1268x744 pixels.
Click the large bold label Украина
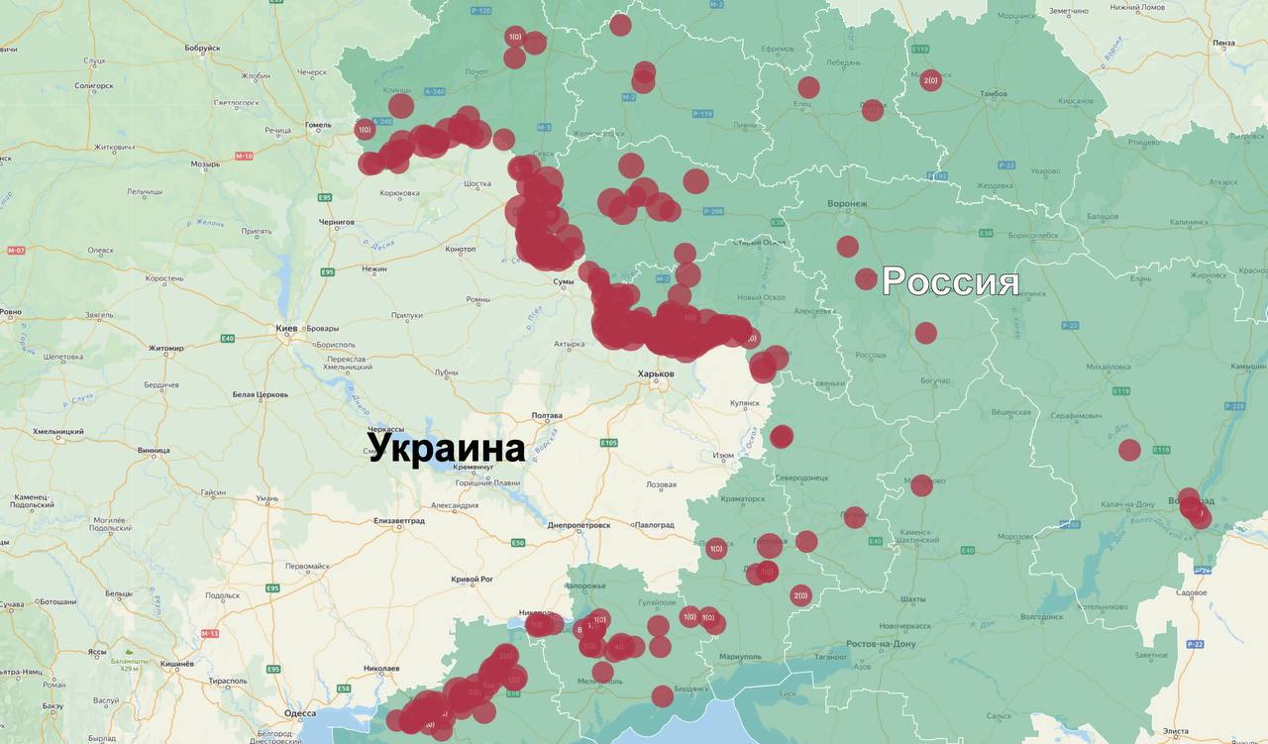coord(447,448)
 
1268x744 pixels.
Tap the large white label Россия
coord(950,281)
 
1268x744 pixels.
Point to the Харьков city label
coord(656,373)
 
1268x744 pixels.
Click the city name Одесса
coord(299,713)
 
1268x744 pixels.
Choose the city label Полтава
coord(547,415)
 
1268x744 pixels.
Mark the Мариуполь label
coord(740,657)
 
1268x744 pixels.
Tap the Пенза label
coord(1222,43)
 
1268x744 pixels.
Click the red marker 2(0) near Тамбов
coord(930,80)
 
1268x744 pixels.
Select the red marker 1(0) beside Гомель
coord(365,129)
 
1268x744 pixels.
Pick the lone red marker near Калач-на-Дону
coord(1129,450)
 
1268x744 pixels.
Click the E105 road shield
coord(608,443)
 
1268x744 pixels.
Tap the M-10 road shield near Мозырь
coord(244,156)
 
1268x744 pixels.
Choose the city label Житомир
coord(165,349)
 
